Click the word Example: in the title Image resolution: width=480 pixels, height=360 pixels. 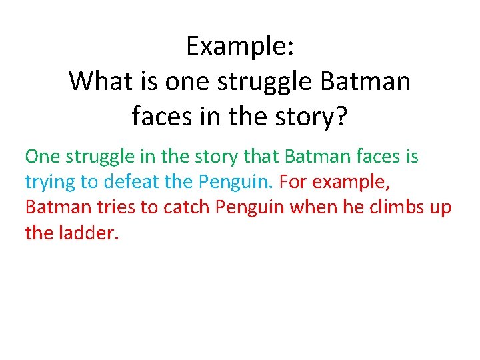click(239, 47)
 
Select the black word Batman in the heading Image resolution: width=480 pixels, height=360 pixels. click(365, 82)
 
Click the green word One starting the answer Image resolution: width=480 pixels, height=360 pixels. click(42, 157)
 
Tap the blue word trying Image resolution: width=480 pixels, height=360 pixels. click(50, 183)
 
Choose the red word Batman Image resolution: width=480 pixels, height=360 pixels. click(57, 207)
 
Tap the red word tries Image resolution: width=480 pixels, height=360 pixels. click(115, 207)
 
